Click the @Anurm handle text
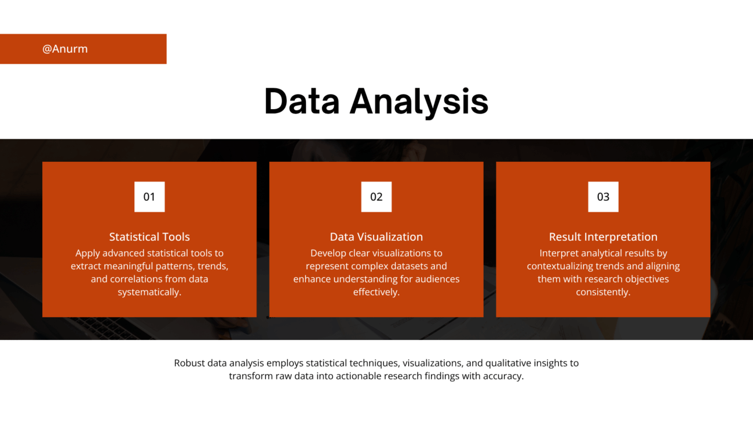(x=65, y=49)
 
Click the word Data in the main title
(x=302, y=102)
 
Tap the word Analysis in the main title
(x=419, y=103)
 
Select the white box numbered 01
(x=149, y=197)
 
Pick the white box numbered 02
(x=376, y=197)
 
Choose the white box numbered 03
(x=603, y=197)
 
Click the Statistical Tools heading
(x=149, y=237)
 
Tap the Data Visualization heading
(x=376, y=237)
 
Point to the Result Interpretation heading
(x=603, y=237)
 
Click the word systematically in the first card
(x=149, y=292)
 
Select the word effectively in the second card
(x=376, y=292)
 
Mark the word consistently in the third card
(x=603, y=292)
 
